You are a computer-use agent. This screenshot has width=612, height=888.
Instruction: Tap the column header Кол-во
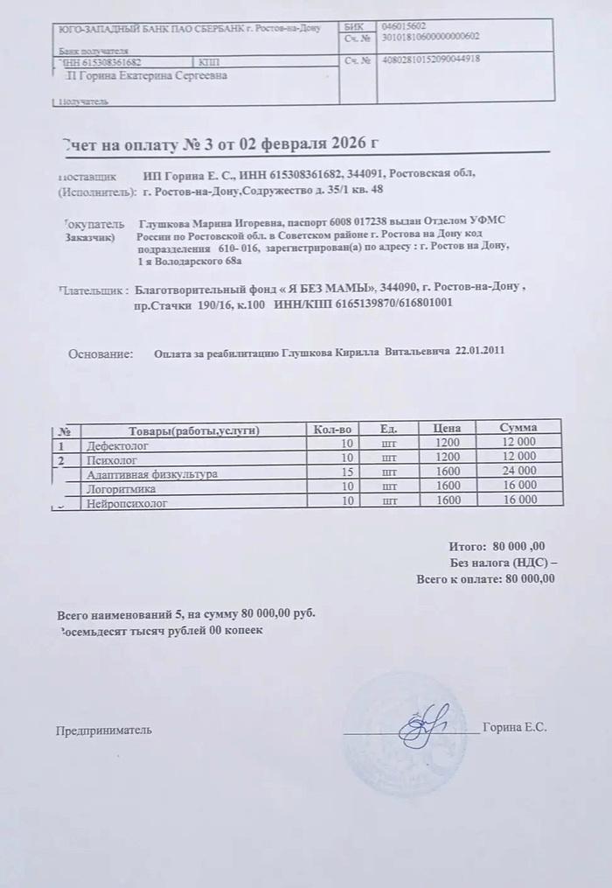point(331,429)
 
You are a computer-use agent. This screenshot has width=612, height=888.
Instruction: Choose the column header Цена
point(447,429)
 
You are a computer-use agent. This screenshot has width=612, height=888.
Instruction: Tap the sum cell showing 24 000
point(518,472)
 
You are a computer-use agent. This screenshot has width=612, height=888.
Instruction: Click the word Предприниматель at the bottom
point(104,729)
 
